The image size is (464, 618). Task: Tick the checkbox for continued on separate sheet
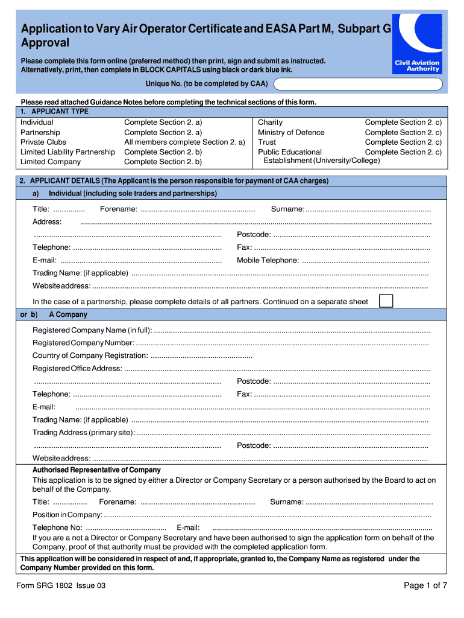(386, 301)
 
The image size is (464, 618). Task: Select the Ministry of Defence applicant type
(291, 132)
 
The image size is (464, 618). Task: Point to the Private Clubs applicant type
(43, 142)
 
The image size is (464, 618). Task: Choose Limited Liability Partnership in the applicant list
(67, 152)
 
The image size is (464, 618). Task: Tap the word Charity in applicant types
(270, 123)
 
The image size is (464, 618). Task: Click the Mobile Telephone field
(365, 261)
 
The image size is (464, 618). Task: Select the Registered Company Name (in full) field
(292, 331)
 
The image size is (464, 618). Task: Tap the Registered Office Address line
(277, 369)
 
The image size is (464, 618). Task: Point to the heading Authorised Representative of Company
(96, 470)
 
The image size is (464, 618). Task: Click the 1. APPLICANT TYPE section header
(54, 112)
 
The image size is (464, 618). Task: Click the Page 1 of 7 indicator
(425, 585)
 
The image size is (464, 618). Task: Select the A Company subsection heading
(68, 314)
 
